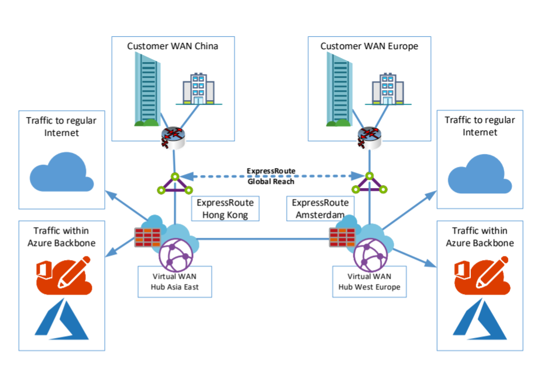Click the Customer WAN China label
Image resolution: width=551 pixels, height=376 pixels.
pos(173,46)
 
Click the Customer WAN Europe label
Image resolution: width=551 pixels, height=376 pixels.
pos(369,46)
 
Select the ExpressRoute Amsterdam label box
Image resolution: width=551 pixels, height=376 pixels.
pos(321,208)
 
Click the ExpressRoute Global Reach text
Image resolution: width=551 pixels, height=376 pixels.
pos(271,176)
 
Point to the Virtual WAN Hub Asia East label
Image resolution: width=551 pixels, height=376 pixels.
pos(174,281)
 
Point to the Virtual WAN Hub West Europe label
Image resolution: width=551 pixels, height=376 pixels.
pos(369,281)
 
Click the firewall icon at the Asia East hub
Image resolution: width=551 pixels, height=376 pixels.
pos(148,237)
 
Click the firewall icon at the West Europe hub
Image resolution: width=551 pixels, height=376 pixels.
pos(343,237)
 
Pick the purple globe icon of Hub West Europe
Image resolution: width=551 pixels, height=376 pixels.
pos(369,252)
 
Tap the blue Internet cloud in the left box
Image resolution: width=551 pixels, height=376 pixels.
pos(61,173)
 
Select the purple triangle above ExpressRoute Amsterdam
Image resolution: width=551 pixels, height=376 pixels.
pos(370,184)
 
